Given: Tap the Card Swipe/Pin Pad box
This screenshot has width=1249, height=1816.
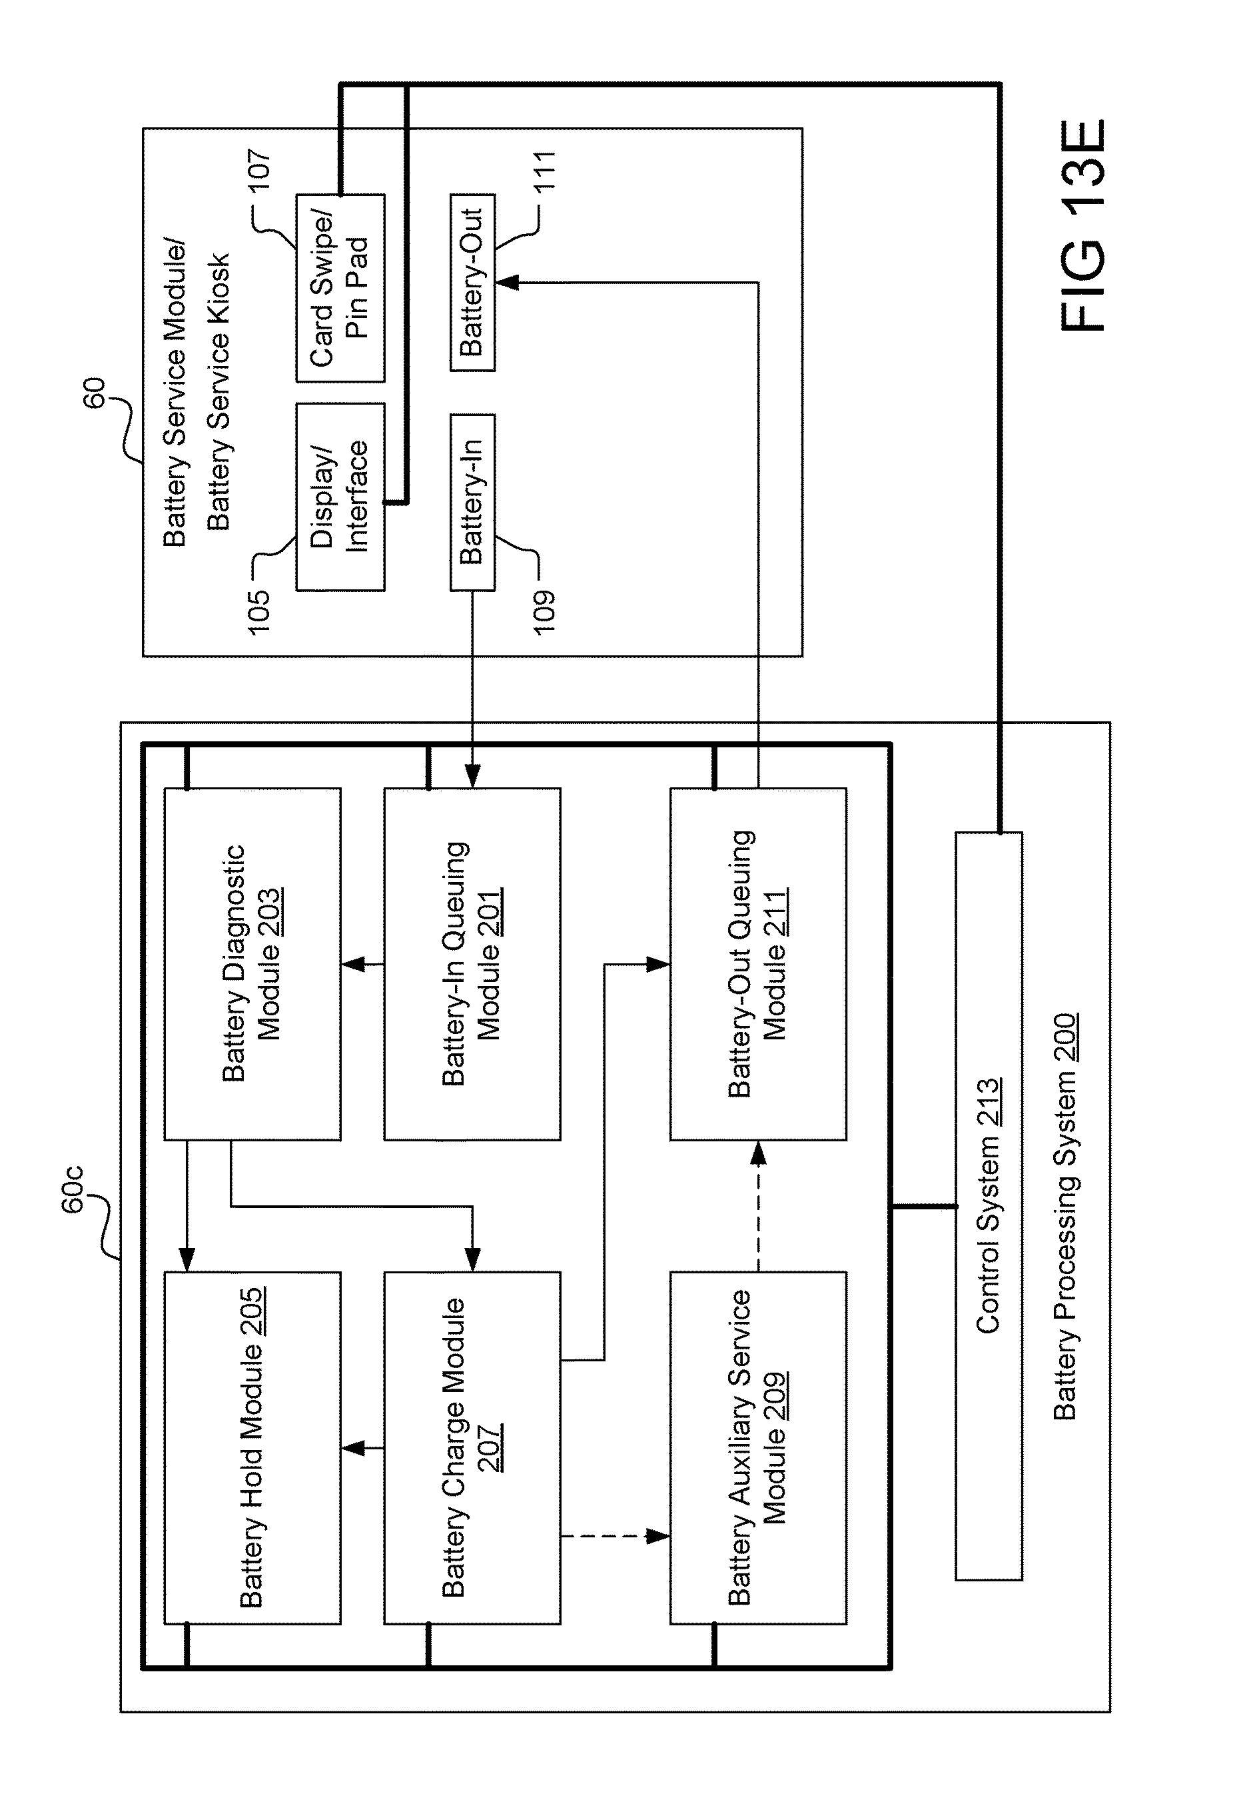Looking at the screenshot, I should coord(340,288).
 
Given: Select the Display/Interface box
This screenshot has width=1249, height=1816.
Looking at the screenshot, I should coord(340,497).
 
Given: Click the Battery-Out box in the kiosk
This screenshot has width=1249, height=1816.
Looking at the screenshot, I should coord(472,282).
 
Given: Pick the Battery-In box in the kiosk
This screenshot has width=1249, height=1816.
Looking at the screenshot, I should coord(472,502).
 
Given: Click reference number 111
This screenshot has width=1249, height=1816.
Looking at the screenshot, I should coord(544,171).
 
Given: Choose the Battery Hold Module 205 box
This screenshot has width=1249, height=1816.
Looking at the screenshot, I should coord(252,1448).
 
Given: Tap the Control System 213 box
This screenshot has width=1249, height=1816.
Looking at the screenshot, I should coord(989,1206).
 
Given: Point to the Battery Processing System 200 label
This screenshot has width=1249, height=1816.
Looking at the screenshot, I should coord(1065,1218).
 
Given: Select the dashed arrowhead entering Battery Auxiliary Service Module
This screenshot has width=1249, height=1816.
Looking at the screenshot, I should coord(658,1537).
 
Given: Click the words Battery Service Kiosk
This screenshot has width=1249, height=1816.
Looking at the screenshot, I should coord(218,391).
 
